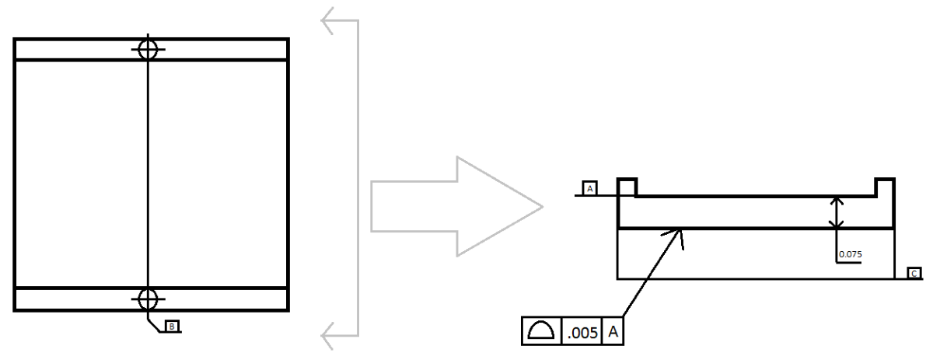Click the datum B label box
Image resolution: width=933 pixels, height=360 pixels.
tap(172, 327)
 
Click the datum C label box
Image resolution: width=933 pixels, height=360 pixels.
tap(914, 273)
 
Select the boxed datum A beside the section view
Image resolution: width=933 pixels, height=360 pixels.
tap(589, 188)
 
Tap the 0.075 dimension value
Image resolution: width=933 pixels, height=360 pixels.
tap(851, 254)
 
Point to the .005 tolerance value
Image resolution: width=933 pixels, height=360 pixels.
tap(582, 333)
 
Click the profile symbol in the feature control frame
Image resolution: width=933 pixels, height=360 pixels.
tap(541, 332)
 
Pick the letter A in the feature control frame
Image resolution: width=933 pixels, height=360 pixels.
tap(613, 333)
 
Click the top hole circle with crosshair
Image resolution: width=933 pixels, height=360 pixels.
tap(148, 49)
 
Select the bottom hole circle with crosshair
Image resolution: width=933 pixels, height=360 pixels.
tap(148, 298)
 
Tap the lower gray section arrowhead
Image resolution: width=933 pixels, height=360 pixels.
tap(330, 336)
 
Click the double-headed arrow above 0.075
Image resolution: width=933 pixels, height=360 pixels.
tap(836, 212)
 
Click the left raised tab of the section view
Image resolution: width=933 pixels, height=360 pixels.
tap(627, 187)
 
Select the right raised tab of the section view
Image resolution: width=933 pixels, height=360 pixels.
tap(884, 187)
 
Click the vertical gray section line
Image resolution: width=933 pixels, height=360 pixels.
tap(357, 179)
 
